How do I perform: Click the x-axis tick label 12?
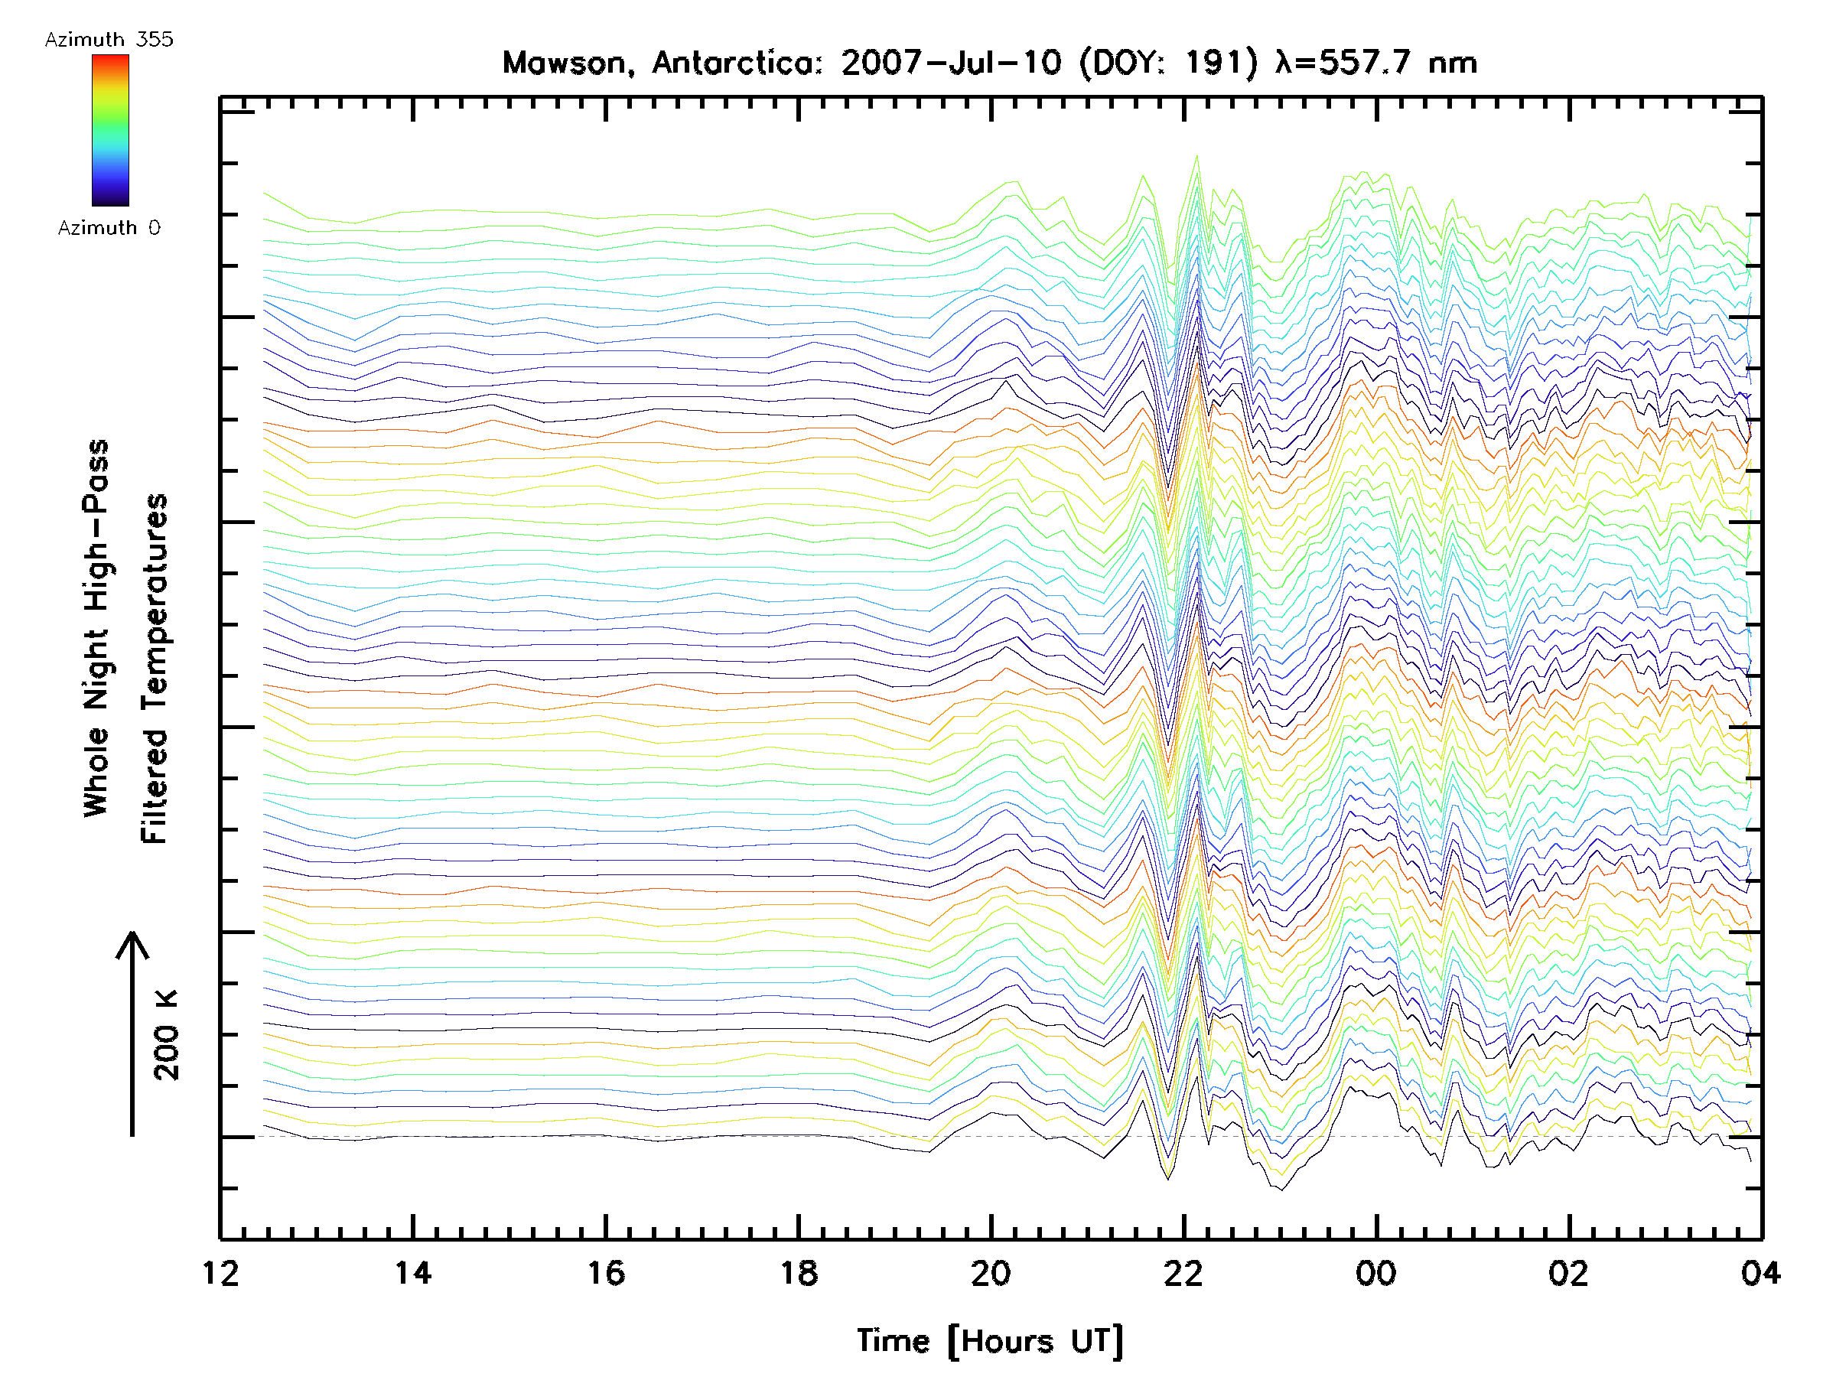pyautogui.click(x=220, y=1273)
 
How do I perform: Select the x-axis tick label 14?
pyautogui.click(x=412, y=1273)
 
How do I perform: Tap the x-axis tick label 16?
pyautogui.click(x=606, y=1273)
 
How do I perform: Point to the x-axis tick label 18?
pyautogui.click(x=799, y=1273)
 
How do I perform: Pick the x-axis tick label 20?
pyautogui.click(x=991, y=1273)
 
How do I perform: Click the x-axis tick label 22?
pyautogui.click(x=1183, y=1273)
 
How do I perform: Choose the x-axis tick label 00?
pyautogui.click(x=1376, y=1273)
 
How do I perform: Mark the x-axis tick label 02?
pyautogui.click(x=1569, y=1273)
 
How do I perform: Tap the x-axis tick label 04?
pyautogui.click(x=1760, y=1273)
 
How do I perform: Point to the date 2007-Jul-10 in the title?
pyautogui.click(x=951, y=63)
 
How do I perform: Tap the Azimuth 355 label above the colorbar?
pyautogui.click(x=109, y=40)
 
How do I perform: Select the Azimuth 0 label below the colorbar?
pyautogui.click(x=109, y=228)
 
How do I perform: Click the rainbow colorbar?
pyautogui.click(x=110, y=130)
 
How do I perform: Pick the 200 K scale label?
pyautogui.click(x=167, y=1035)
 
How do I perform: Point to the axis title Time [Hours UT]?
pyautogui.click(x=990, y=1341)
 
